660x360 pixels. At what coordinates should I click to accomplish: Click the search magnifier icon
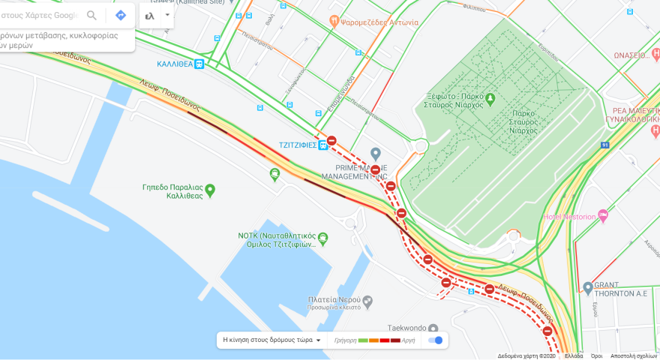[x=91, y=15]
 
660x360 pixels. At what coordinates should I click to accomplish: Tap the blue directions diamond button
[x=120, y=15]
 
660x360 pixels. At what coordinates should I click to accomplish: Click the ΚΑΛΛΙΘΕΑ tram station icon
[x=199, y=64]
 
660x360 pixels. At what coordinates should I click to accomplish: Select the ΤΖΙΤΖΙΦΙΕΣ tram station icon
[x=322, y=144]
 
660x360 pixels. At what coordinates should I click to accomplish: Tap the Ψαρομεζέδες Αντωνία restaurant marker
[x=334, y=22]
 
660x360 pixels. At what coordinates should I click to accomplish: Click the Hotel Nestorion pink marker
[x=602, y=216]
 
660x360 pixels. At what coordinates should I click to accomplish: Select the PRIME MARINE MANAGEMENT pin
[x=376, y=153]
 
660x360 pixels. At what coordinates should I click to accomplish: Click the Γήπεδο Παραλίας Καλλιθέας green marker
[x=210, y=190]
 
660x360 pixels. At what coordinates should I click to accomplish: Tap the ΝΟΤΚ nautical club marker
[x=322, y=238]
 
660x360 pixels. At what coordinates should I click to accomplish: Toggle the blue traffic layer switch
[x=435, y=340]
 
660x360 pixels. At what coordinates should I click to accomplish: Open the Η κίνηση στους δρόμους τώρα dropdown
[x=271, y=340]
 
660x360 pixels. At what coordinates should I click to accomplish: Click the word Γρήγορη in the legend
[x=345, y=340]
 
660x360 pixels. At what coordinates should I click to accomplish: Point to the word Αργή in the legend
[x=408, y=340]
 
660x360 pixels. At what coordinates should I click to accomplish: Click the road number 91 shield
[x=604, y=145]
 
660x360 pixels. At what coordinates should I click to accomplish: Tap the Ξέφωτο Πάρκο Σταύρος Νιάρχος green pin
[x=490, y=98]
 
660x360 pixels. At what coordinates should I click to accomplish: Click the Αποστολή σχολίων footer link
[x=634, y=356]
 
